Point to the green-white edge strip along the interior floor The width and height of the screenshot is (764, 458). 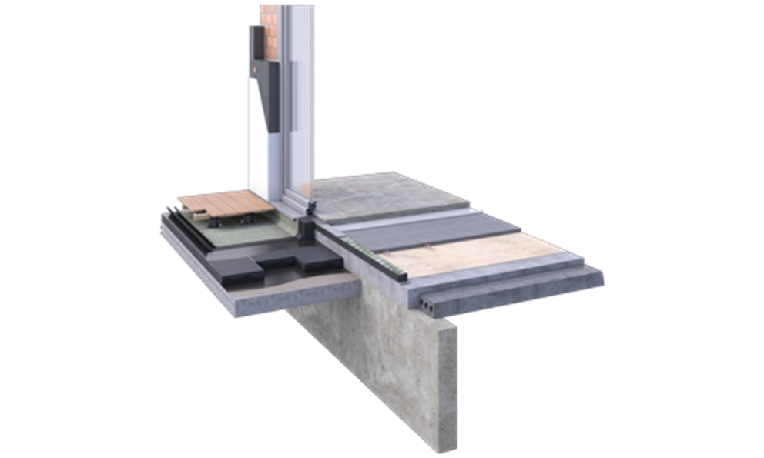point(377,255)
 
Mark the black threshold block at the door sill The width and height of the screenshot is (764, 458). point(307,231)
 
